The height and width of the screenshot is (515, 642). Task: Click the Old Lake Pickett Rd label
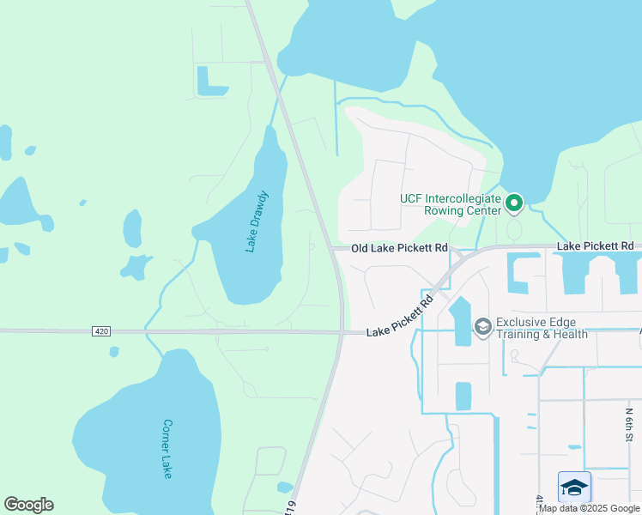coord(400,248)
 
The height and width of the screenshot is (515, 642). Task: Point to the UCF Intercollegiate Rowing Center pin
coord(514,203)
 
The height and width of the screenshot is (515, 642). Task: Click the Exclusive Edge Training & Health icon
coord(482,326)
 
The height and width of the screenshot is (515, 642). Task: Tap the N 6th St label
coord(628,423)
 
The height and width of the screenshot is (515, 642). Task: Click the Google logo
coord(28,505)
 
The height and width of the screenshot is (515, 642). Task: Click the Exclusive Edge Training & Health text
coord(542,328)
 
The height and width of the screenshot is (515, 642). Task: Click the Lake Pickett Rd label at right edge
coord(595,246)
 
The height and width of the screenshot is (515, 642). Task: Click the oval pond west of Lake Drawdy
coord(132,227)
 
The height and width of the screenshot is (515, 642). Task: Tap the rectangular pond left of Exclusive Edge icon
coord(460,320)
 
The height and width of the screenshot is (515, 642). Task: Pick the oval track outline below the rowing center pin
coord(514,229)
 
